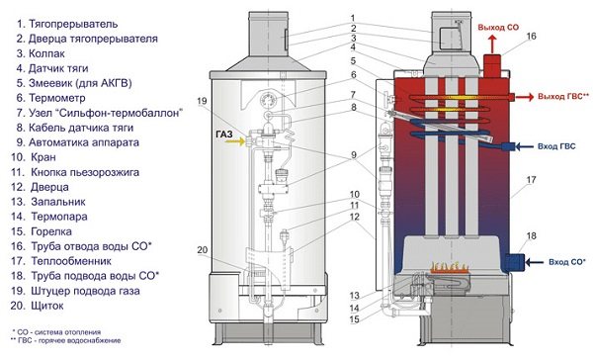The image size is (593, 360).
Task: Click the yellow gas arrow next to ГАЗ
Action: (234, 142)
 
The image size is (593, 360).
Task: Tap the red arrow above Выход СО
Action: (492, 44)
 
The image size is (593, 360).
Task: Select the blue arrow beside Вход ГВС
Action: (525, 146)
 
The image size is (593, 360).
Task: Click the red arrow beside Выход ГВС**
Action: (525, 97)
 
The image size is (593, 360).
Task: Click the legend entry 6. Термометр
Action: (50, 98)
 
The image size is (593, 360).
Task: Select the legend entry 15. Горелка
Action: (42, 231)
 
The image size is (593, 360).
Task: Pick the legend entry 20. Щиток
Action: (38, 306)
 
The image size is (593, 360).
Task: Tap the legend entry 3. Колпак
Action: (41, 53)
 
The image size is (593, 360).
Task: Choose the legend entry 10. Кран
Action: (34, 157)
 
